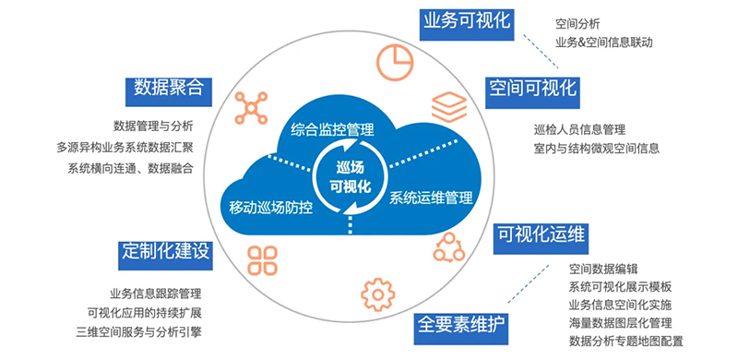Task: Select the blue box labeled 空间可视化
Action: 532,89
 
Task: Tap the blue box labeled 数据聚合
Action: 168,89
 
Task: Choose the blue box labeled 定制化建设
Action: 165,251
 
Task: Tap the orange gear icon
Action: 375,295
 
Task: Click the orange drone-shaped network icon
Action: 251,108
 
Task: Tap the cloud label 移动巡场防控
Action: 270,207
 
